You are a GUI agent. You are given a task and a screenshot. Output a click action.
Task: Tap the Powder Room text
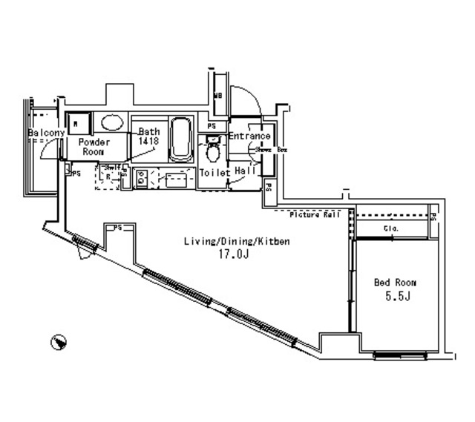(94, 146)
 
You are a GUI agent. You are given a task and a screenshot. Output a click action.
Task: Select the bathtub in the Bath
(180, 139)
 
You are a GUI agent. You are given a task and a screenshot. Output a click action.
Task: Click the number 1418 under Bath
(148, 140)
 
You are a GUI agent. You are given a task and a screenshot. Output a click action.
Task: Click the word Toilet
(215, 173)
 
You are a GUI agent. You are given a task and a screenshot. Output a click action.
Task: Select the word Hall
(245, 171)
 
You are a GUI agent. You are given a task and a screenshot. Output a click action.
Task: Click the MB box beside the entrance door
(218, 96)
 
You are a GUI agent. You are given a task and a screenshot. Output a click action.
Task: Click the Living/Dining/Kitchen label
(236, 242)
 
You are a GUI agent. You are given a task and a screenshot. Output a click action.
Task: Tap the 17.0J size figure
(232, 254)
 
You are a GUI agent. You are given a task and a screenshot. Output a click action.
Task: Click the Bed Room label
(394, 283)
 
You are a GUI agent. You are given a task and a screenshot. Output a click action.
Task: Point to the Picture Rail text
(315, 215)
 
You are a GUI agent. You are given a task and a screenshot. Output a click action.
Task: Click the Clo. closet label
(391, 229)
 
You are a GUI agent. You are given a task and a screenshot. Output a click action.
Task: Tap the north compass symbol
(57, 342)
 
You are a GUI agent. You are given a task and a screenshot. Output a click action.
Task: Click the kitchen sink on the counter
(175, 179)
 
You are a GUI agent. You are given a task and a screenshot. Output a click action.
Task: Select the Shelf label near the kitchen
(112, 168)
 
